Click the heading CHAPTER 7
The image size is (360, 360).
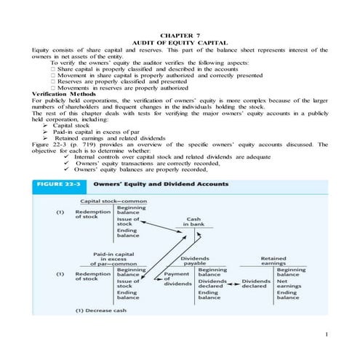tap(180, 35)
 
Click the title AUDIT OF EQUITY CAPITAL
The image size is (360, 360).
tap(180, 42)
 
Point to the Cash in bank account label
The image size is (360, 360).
tap(194, 222)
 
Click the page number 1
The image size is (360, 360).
tap(328, 333)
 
